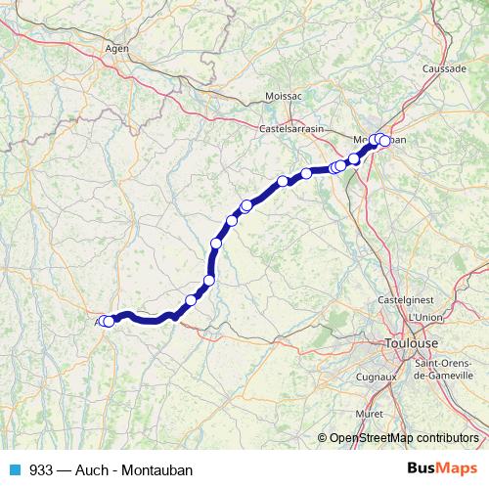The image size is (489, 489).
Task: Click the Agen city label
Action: pyautogui.click(x=117, y=47)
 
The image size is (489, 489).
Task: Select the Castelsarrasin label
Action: pyautogui.click(x=291, y=128)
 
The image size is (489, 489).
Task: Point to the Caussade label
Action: pyautogui.click(x=443, y=69)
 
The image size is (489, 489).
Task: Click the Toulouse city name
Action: pyautogui.click(x=411, y=344)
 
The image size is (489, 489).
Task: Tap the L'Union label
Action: pyautogui.click(x=426, y=317)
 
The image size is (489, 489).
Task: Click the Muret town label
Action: pyautogui.click(x=371, y=414)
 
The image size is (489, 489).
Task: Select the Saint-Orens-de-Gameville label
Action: pyautogui.click(x=445, y=369)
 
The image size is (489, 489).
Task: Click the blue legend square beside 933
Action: pyautogui.click(x=14, y=469)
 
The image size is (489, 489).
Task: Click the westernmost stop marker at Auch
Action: pyautogui.click(x=104, y=321)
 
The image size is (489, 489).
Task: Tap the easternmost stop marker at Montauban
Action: pyautogui.click(x=385, y=141)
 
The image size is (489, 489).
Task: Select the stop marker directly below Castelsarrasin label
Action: pyautogui.click(x=283, y=181)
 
